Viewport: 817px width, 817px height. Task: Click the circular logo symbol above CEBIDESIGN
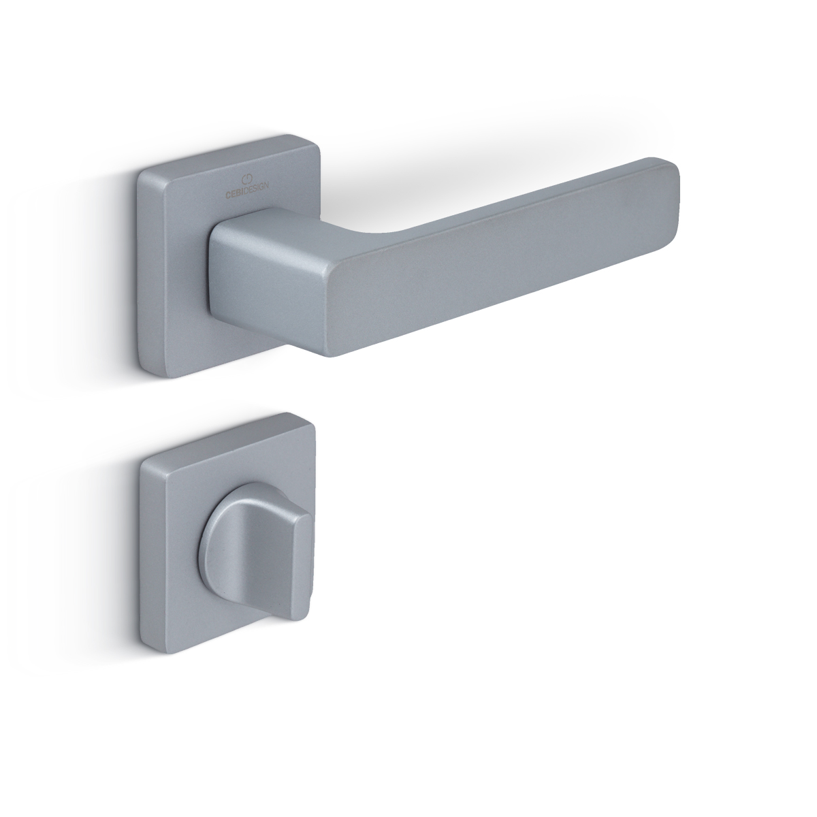tap(247, 177)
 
